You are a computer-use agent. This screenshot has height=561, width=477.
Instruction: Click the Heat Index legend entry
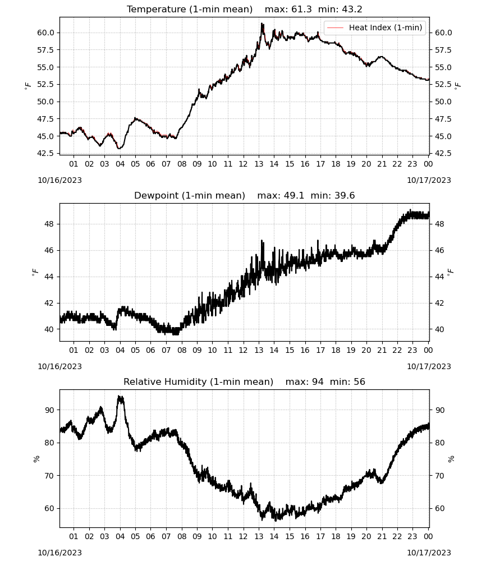pos(375,27)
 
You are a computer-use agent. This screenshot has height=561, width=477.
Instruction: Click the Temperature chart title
pos(190,9)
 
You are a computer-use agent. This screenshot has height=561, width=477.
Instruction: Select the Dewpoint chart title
pos(190,195)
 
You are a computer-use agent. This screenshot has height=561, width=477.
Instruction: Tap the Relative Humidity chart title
pos(198,381)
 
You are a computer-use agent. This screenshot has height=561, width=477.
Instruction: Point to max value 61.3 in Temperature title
pos(302,9)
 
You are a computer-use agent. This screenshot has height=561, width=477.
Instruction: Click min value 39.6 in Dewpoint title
pos(345,195)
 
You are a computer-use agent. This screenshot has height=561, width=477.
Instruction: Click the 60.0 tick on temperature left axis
pos(45,33)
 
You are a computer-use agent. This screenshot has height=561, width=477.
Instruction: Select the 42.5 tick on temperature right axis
pos(443,153)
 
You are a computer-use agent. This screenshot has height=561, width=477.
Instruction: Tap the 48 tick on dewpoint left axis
pos(49,224)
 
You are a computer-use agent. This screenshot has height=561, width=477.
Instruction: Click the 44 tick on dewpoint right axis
pos(439,277)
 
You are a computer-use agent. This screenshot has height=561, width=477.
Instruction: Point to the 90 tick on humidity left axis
pos(49,410)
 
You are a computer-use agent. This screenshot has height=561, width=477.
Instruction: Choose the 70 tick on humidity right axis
pos(439,476)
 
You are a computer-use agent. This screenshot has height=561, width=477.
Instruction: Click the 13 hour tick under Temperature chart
pos(259,164)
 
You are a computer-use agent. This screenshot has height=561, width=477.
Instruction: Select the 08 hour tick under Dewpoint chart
pos(182,350)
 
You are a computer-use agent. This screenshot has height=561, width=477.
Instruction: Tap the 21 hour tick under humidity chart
pos(382,536)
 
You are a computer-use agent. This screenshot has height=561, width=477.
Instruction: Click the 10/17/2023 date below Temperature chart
pos(429,180)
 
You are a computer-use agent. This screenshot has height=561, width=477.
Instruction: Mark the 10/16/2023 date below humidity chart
pos(59,553)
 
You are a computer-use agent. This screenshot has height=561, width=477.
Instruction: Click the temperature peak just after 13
pos(262,24)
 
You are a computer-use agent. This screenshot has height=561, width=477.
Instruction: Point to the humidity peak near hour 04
pos(120,397)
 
